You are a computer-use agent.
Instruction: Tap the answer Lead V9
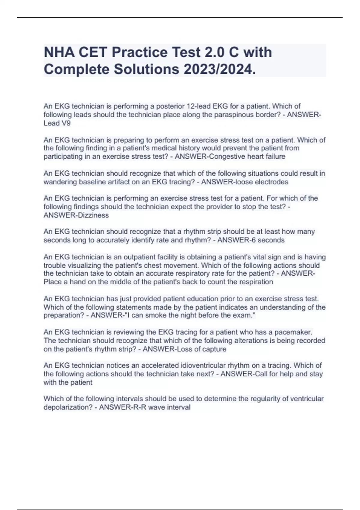57,123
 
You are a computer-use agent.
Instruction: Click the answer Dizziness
93,215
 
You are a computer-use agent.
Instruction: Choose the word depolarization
68,407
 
